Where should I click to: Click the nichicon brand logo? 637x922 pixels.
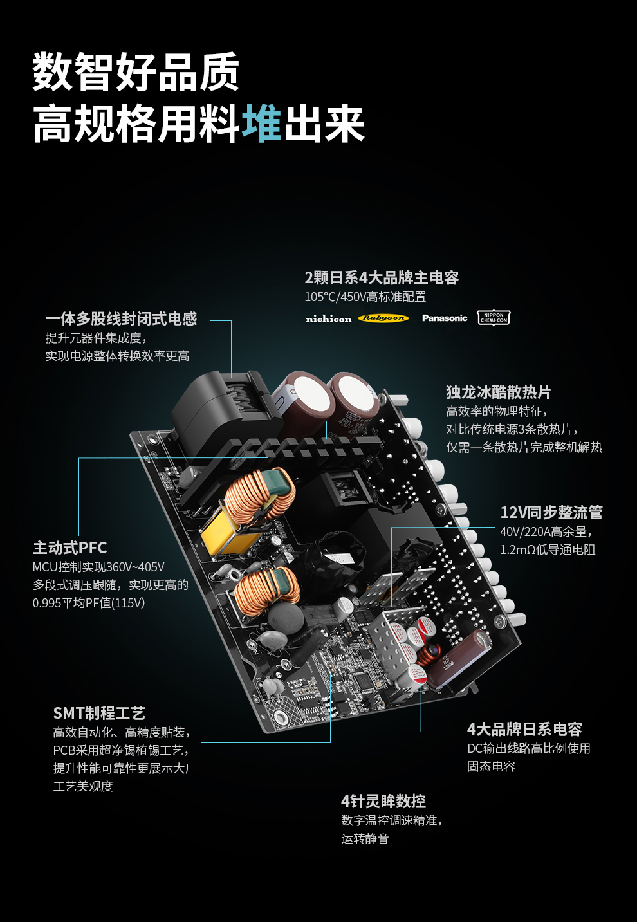pos(328,318)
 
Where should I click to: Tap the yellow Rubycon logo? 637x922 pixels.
pos(383,318)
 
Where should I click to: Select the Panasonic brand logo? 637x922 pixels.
pos(445,318)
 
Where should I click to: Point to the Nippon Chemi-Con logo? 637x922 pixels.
pos(494,318)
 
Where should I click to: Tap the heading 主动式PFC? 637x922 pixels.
pos(70,548)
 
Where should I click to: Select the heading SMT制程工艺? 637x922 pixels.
pos(99,713)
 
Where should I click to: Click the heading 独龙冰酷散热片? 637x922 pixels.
pos(499,392)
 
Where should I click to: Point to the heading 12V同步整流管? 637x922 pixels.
pos(551,512)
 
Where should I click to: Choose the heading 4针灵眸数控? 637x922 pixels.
pos(383,801)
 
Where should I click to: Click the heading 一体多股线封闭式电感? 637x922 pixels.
pos(121,318)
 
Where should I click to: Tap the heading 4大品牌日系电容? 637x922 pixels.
pos(524,729)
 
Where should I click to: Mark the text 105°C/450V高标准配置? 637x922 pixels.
pos(365,297)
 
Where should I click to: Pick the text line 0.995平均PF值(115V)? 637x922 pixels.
pos(89,603)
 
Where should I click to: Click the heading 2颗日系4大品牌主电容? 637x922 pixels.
pos(382,277)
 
